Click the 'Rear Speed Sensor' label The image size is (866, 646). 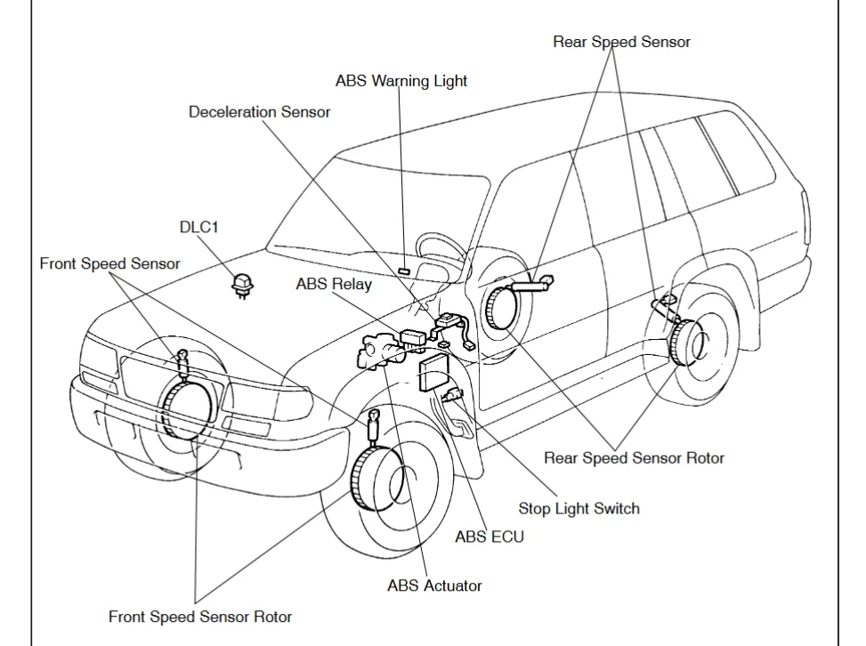tap(621, 42)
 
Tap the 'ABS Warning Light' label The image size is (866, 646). tap(401, 80)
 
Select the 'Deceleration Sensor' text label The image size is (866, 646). tap(259, 112)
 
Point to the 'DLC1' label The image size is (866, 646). tap(198, 227)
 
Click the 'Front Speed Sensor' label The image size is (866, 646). tap(109, 263)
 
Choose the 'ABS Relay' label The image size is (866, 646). tap(334, 284)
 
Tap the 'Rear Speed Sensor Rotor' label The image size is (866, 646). tap(634, 458)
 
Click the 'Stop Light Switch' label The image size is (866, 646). tap(579, 509)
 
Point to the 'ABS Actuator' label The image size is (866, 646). tap(434, 585)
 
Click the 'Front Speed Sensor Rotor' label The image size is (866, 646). tap(199, 616)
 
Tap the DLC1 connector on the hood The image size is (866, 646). tap(239, 283)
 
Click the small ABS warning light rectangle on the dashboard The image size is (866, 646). tap(403, 270)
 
